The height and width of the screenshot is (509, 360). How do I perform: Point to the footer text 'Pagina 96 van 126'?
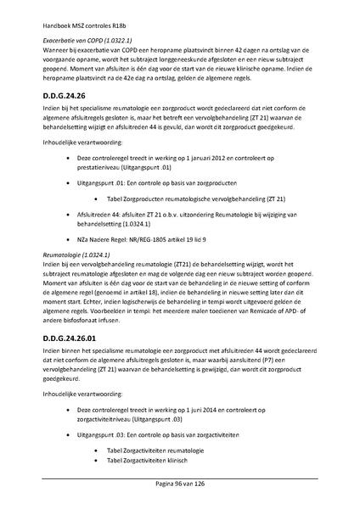pos(180,483)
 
